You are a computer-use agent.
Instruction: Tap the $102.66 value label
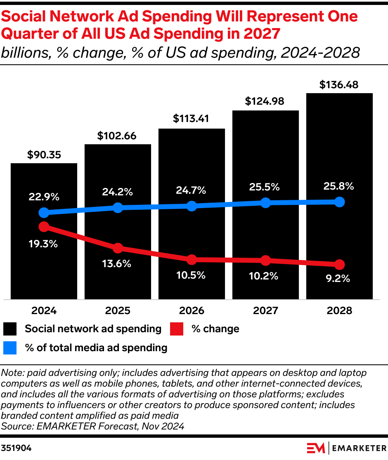pos(117,136)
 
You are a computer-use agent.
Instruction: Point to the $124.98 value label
pos(265,101)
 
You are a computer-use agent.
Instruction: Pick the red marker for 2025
pos(118,248)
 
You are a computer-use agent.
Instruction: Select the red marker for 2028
pos(339,264)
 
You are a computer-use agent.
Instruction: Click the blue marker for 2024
pos(44,213)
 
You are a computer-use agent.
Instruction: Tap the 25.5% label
pos(265,187)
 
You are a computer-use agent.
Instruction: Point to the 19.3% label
pos(43,244)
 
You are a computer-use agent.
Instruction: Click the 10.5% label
pos(191,275)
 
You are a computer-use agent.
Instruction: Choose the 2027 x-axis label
pos(265,310)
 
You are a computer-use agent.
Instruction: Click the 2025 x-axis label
pos(118,310)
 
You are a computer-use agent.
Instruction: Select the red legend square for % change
pos(177,329)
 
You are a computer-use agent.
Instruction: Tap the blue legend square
pos(10,348)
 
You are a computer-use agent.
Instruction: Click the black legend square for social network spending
pos(10,329)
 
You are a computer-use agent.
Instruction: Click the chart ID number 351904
pos(16,448)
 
